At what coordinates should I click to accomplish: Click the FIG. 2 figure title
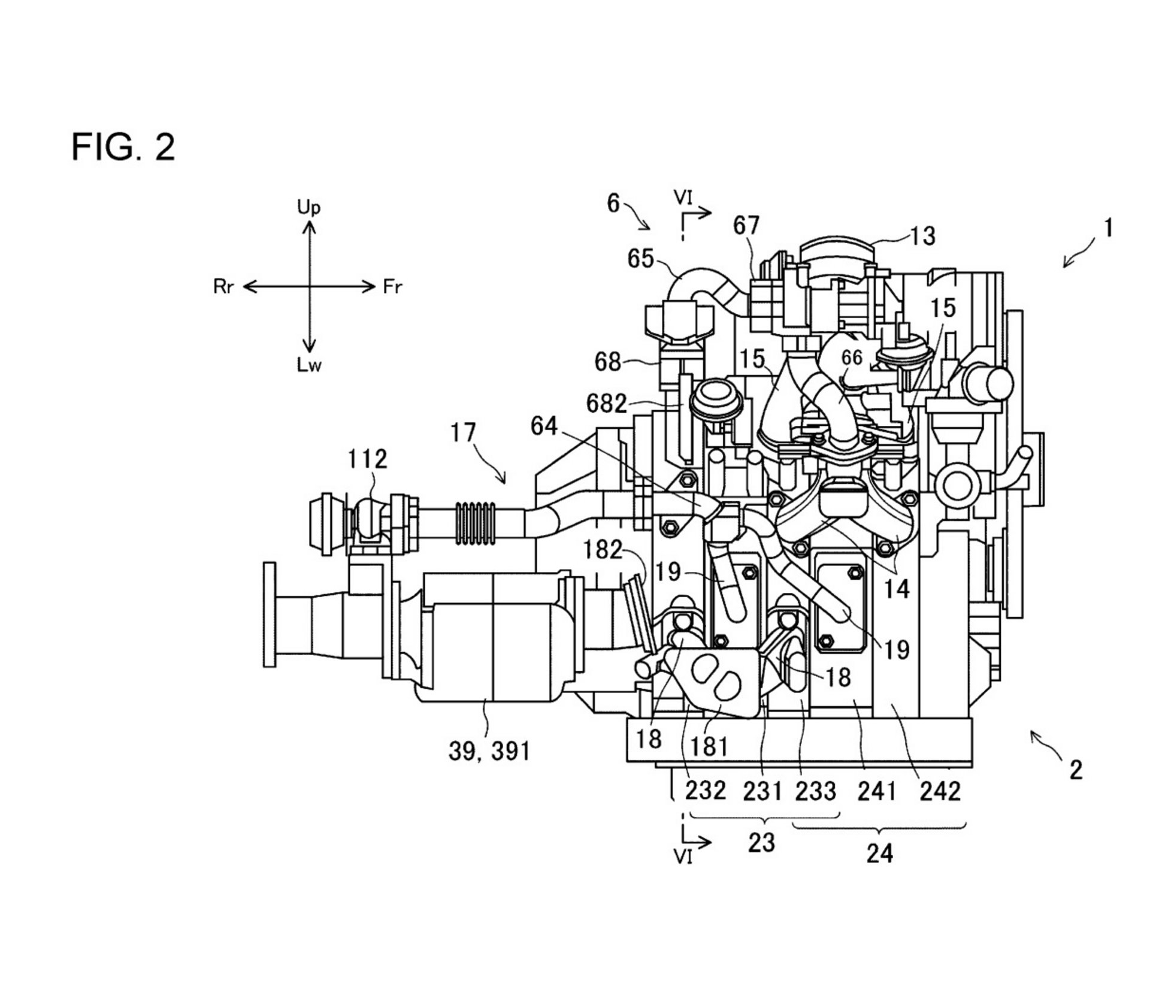(x=123, y=147)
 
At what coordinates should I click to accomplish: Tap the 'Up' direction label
(x=309, y=207)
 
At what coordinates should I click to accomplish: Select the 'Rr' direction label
(x=223, y=287)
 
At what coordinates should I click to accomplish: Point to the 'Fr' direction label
(x=393, y=287)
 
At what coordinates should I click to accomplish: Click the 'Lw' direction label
(x=309, y=365)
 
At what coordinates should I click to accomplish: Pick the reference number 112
(x=368, y=459)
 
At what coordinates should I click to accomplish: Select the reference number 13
(x=922, y=237)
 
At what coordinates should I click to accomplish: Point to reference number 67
(x=746, y=226)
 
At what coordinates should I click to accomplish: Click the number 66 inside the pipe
(x=852, y=358)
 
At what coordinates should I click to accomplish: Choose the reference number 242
(x=940, y=792)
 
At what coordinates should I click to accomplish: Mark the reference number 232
(x=706, y=792)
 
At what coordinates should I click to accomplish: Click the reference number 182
(x=603, y=550)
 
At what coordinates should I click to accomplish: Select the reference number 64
(x=544, y=426)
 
